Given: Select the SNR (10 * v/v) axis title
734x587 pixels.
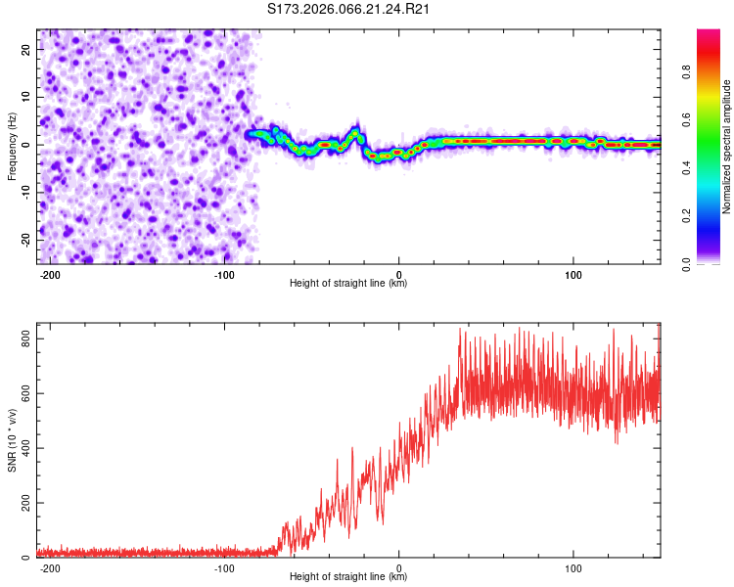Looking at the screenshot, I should [12, 441].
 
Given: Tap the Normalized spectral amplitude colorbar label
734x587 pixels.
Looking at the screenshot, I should [727, 147].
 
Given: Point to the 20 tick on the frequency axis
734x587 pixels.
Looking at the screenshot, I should [25, 48].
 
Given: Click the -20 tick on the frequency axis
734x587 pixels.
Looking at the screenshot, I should [23, 240].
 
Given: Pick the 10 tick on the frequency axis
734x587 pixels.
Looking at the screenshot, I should [25, 96].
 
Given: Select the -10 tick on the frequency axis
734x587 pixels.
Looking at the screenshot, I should [23, 192].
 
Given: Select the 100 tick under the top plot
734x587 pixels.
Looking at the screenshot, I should [573, 273].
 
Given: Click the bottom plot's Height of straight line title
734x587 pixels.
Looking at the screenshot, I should [348, 578].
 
